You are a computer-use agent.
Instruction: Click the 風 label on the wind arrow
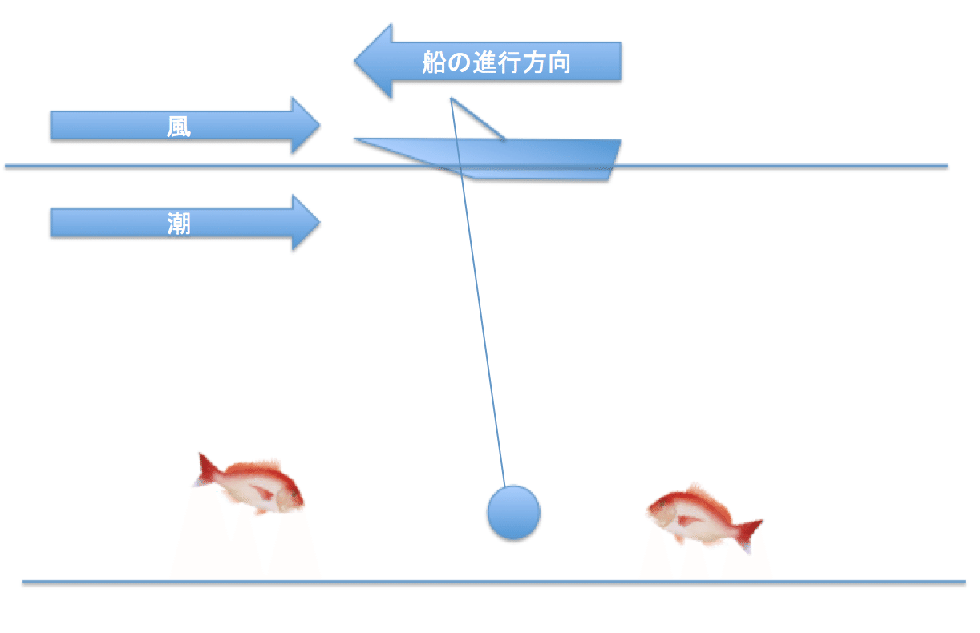(x=179, y=126)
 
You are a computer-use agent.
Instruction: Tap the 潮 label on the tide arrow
(x=179, y=222)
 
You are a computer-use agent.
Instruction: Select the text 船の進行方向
(x=496, y=62)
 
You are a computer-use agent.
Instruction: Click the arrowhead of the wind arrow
(x=306, y=126)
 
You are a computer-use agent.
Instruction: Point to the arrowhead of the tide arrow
(x=306, y=222)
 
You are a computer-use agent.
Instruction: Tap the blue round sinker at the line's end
(x=513, y=512)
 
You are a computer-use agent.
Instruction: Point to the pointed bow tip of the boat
(x=358, y=139)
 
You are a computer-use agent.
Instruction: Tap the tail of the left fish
(x=208, y=468)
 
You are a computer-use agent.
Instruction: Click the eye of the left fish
(x=289, y=490)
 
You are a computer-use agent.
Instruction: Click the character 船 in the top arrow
(x=434, y=62)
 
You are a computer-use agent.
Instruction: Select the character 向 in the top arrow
(x=559, y=62)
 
